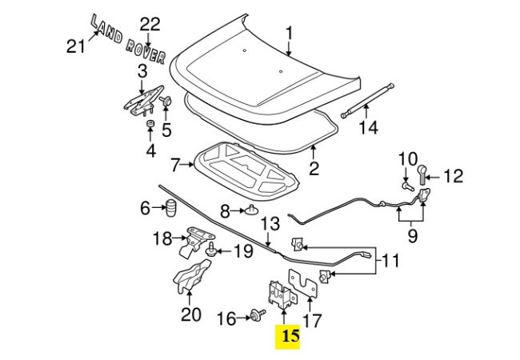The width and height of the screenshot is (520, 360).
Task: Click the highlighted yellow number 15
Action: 290,337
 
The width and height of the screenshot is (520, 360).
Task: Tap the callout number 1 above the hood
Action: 290,33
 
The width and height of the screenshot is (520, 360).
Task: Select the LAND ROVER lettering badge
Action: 128,38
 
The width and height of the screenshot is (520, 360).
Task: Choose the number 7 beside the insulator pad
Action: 175,166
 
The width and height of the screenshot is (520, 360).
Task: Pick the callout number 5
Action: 166,129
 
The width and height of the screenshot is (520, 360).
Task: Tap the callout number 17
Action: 311,320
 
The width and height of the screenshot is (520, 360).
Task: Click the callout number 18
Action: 163,238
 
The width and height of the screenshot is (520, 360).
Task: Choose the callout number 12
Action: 453,175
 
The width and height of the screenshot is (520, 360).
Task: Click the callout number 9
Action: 412,236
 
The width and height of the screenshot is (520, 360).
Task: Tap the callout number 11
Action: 389,260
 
